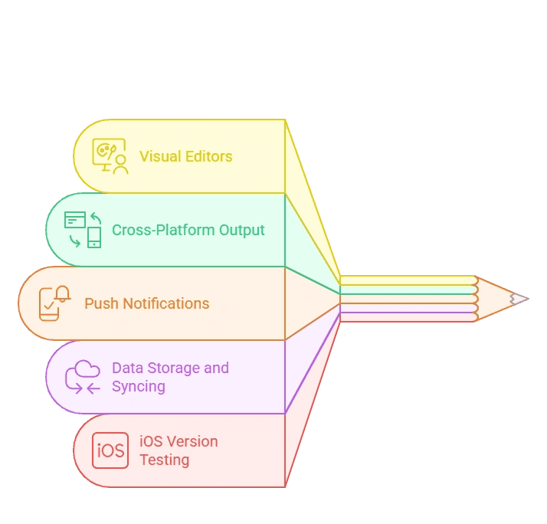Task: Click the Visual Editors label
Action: (x=185, y=156)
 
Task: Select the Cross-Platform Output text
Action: (x=188, y=230)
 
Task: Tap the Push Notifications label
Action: (x=146, y=303)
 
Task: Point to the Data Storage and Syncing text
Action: (x=170, y=377)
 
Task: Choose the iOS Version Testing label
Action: (x=179, y=450)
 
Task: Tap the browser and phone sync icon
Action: (x=83, y=230)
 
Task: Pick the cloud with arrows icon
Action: (x=83, y=377)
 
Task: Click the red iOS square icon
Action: (x=110, y=450)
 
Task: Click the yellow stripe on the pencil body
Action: (x=406, y=280)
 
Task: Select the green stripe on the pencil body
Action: (x=406, y=290)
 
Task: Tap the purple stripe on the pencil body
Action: (x=406, y=316)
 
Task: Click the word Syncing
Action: (x=139, y=387)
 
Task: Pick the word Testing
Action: (x=164, y=460)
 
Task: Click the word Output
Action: (x=241, y=230)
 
